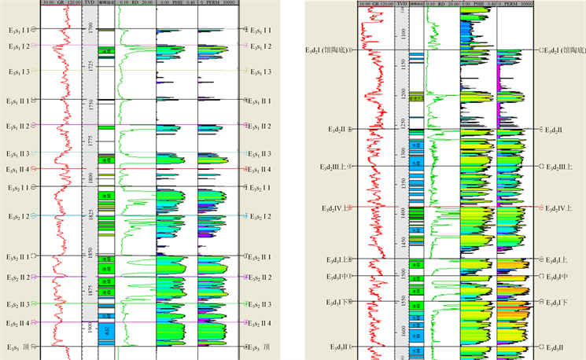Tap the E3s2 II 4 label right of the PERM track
coord(260,323)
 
